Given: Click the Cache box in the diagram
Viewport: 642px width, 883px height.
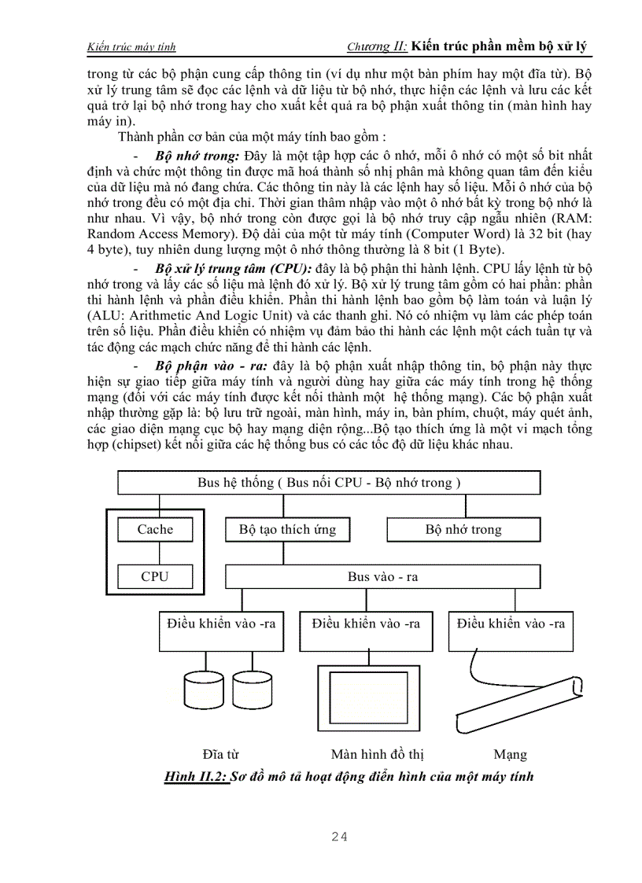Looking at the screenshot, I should (x=155, y=529).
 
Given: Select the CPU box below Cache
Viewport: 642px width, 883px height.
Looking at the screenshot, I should (x=155, y=576).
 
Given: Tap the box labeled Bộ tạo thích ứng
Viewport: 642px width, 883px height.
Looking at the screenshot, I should (x=287, y=529).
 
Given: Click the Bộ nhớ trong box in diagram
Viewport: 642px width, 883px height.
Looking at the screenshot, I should (x=463, y=529).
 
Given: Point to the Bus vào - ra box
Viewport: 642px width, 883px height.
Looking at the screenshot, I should (x=382, y=576).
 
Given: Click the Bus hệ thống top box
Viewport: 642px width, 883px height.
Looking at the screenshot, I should (x=329, y=483).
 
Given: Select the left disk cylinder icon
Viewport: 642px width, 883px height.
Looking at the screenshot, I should (x=203, y=690).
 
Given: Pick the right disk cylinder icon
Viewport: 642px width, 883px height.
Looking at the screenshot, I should (x=253, y=690).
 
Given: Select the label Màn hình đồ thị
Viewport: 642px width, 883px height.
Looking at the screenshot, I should (x=377, y=755).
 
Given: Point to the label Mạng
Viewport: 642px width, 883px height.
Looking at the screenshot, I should (x=510, y=755).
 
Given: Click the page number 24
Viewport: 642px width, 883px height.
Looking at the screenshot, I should (x=340, y=837).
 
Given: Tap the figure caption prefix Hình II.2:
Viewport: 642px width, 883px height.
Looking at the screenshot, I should (x=195, y=777).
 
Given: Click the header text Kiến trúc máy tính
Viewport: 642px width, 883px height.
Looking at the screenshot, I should (x=131, y=47).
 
